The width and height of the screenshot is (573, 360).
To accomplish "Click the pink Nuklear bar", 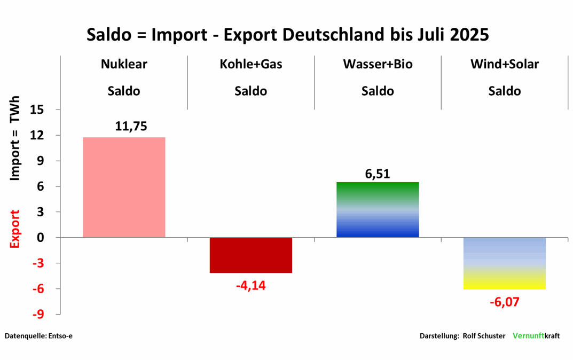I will [x=124, y=187].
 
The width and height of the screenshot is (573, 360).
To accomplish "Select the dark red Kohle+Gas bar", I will [x=251, y=255].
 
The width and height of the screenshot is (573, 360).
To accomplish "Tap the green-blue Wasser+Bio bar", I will [x=378, y=209].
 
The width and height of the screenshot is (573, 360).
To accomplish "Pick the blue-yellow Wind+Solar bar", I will [x=505, y=263].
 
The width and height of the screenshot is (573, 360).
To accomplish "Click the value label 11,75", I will [x=131, y=127].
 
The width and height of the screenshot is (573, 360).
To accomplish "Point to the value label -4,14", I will [x=250, y=285].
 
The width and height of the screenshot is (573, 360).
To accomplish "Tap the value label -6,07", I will [x=504, y=302].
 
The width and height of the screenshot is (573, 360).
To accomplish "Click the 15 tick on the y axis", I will [x=45, y=110].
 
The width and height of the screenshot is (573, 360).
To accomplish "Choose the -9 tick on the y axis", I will [x=45, y=314].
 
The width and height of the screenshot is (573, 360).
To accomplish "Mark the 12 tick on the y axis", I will [x=45, y=136].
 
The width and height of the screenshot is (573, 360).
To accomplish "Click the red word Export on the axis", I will [x=15, y=229].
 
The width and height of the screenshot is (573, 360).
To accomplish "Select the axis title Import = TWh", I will [x=15, y=138].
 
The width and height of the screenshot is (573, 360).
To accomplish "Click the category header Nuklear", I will [x=124, y=65].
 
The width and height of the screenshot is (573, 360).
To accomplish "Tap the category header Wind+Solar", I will [x=505, y=65].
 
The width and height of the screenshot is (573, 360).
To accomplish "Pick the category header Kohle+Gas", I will [x=251, y=65].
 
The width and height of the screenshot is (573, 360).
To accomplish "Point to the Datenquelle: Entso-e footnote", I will [x=38, y=336].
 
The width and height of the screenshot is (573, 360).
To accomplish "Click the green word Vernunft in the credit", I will [x=528, y=336].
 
